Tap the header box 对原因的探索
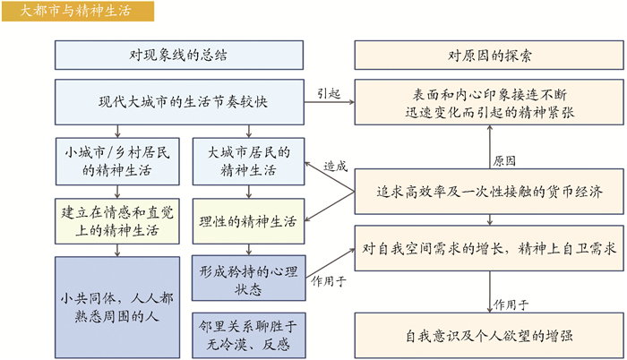click(489, 56)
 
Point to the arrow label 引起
click(329, 93)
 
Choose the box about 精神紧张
click(489, 101)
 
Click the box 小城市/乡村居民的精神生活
click(114, 159)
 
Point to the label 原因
click(503, 161)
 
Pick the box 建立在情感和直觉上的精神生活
click(114, 220)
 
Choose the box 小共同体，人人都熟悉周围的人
click(114, 304)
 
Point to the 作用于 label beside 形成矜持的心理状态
click(329, 280)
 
